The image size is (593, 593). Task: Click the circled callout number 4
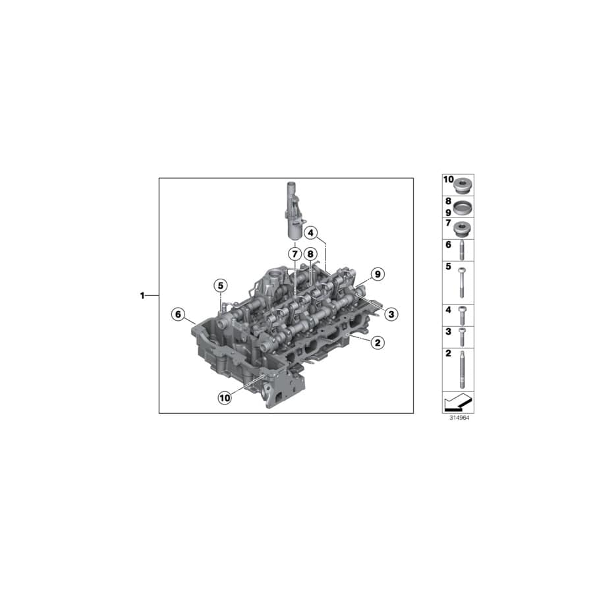click(x=311, y=232)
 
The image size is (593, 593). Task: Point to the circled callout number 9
click(x=376, y=273)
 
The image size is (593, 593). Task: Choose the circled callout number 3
click(x=391, y=314)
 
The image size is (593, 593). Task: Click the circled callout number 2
click(x=377, y=342)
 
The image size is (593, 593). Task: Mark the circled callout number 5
click(x=219, y=285)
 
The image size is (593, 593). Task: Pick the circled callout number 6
click(x=177, y=314)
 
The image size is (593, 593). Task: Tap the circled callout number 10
click(x=225, y=397)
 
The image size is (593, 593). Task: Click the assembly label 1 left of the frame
click(x=142, y=296)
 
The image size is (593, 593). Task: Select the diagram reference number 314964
click(x=458, y=418)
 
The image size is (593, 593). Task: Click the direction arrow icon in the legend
click(x=458, y=401)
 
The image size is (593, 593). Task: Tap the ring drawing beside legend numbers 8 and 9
click(x=463, y=207)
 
